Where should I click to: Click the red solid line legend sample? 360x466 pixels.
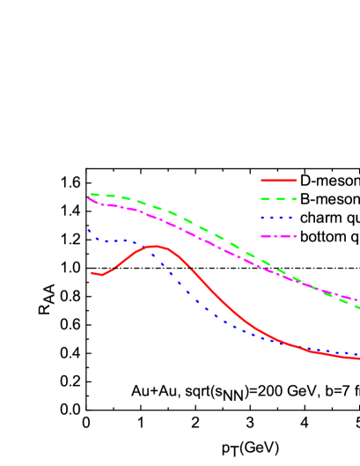[278, 181]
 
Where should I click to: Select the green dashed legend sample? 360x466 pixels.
[278, 199]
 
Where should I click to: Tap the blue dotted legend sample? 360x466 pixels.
[278, 218]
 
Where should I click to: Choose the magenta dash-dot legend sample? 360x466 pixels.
[278, 236]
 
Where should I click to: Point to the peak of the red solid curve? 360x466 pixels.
[155, 247]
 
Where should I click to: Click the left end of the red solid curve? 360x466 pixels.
[91, 273]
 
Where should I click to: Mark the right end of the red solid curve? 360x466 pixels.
[359, 359]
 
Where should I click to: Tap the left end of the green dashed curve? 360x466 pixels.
[91, 195]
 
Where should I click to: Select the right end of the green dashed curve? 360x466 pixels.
[359, 308]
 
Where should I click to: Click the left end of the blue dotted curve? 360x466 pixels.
[89, 231]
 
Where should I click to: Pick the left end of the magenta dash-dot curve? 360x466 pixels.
[89, 199]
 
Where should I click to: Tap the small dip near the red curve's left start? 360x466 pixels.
[101, 275]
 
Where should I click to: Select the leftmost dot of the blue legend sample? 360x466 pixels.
[262, 218]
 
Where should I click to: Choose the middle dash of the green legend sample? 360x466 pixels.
[279, 199]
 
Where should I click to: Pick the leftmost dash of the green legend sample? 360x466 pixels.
[265, 199]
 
